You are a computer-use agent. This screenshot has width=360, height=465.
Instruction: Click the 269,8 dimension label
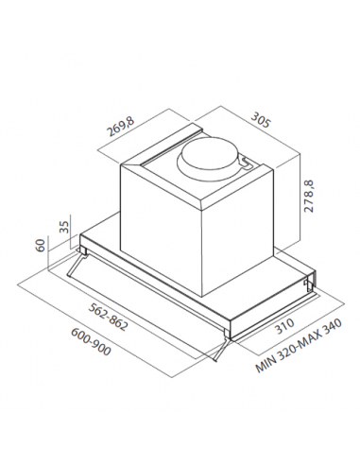click(121, 127)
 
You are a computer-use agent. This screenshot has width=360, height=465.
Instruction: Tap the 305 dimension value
click(260, 120)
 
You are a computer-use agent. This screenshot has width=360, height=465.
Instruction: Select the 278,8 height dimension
click(310, 196)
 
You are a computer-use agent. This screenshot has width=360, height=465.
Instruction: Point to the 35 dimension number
click(64, 226)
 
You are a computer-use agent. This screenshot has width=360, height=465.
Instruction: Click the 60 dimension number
click(42, 245)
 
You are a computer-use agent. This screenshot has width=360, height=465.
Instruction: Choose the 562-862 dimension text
click(109, 317)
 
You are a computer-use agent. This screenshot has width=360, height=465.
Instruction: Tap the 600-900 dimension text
click(91, 342)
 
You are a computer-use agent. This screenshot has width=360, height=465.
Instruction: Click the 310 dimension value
click(284, 326)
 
